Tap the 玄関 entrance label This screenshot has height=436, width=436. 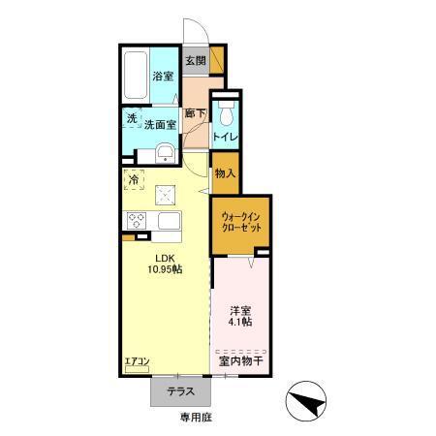(x=196, y=61)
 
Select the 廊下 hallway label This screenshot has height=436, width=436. (x=196, y=113)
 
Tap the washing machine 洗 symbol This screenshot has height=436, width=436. (x=132, y=120)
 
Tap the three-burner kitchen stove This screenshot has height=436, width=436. (x=133, y=219)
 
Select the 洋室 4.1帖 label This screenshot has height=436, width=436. (x=241, y=316)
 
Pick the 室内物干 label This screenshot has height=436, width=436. (x=241, y=361)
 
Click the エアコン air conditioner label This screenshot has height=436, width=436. (x=137, y=364)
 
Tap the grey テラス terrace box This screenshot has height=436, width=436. (x=175, y=392)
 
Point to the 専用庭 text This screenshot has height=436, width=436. (x=193, y=418)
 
